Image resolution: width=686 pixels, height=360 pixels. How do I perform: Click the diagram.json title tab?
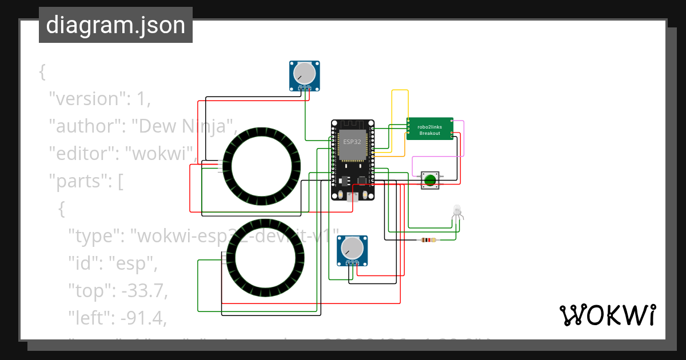tap(115, 25)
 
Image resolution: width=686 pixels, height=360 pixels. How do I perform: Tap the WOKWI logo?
tap(607, 315)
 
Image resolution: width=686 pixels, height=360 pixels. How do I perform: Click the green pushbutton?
tap(430, 181)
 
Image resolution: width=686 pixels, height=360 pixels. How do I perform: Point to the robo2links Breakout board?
tap(430, 129)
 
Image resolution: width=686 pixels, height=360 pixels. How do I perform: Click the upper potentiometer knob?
tap(304, 73)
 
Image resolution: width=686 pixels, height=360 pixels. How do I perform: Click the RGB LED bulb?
tap(457, 210)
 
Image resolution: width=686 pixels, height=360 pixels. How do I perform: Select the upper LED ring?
tap(261, 166)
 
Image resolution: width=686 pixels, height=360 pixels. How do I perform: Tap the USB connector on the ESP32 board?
tap(353, 197)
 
